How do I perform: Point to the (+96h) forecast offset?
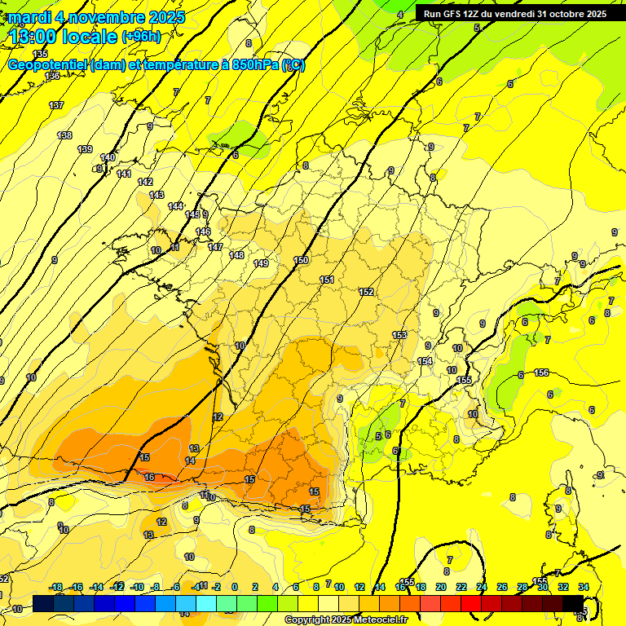[x=141, y=37]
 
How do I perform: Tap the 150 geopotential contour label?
[x=302, y=260]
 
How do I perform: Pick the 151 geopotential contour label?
[x=327, y=280]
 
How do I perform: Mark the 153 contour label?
[x=399, y=335]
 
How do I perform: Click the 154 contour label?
[x=425, y=361]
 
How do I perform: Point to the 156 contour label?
[x=540, y=373]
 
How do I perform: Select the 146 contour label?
[x=203, y=232]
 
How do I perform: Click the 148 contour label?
[x=236, y=255]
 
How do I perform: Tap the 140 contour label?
[x=108, y=157]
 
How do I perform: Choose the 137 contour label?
[x=56, y=106]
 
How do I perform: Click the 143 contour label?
[x=156, y=195]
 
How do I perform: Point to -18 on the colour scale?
[x=56, y=587]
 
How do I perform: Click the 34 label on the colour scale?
[x=584, y=587]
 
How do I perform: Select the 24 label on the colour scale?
[x=482, y=587]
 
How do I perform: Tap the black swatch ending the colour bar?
[x=573, y=604]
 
